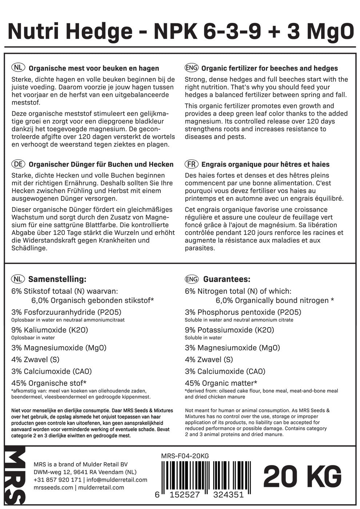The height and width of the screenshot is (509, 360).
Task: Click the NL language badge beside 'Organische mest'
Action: click(x=18, y=68)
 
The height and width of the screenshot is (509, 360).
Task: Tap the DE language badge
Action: click(x=18, y=164)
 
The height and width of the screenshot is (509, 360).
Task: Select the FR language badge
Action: click(x=191, y=164)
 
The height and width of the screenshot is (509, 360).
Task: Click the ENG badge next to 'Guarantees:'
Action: click(x=192, y=279)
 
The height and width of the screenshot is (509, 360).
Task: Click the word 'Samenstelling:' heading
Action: click(x=57, y=279)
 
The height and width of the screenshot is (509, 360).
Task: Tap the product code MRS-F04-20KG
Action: click(x=185, y=456)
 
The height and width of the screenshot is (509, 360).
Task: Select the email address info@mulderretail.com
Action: click(x=117, y=480)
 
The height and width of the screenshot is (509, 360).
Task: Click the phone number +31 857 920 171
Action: click(x=57, y=480)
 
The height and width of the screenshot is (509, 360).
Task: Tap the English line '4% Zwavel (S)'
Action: click(x=209, y=360)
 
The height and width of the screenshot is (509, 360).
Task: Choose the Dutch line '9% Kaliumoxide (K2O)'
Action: click(x=50, y=330)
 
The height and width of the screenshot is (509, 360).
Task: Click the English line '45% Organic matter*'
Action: click(x=221, y=383)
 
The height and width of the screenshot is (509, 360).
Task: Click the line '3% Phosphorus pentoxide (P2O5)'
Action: click(x=243, y=312)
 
